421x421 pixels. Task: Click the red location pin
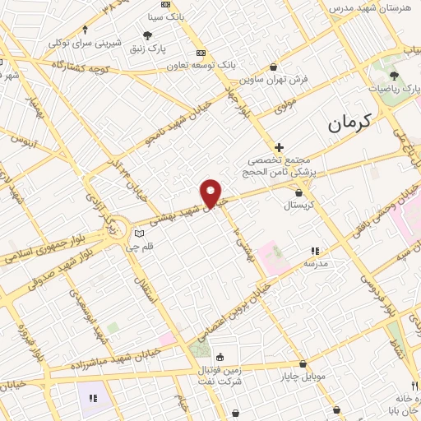[211, 192]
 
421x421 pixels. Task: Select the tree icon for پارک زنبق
[147, 36]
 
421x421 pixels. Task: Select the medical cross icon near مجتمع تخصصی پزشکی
[280, 146]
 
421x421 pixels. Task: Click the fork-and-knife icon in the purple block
[92, 398]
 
